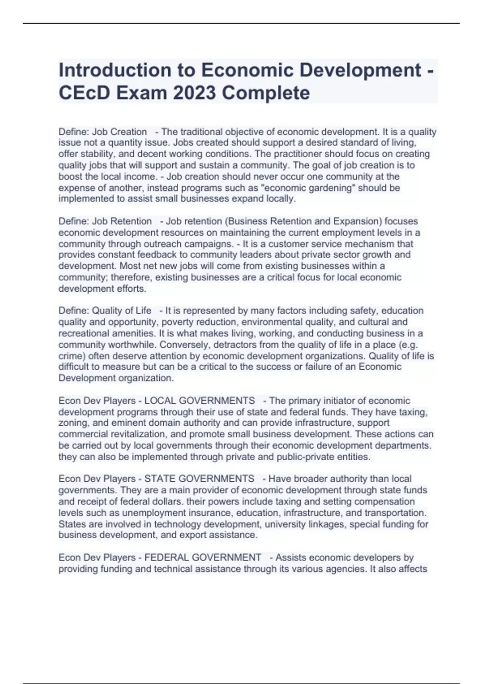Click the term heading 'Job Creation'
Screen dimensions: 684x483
pyautogui.click(x=120, y=132)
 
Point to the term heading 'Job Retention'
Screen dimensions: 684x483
pyautogui.click(x=122, y=221)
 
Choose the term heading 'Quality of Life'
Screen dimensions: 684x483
pyautogui.click(x=122, y=311)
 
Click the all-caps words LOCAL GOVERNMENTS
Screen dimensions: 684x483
pyautogui.click(x=199, y=401)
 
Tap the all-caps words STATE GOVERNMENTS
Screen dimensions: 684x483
pyautogui.click(x=199, y=479)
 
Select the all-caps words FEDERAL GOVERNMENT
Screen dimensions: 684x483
pyautogui.click(x=202, y=558)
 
